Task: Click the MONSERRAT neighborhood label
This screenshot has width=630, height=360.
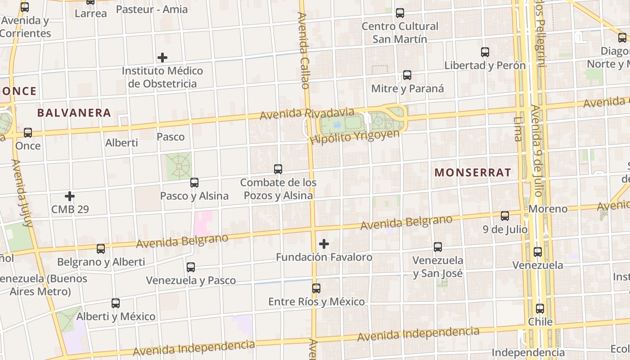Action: pos(472,172)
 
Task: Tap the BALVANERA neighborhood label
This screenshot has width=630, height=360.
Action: pos(74,112)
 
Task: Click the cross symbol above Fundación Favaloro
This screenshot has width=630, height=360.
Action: pos(324,244)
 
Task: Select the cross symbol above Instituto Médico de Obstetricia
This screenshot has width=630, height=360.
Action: pos(162,58)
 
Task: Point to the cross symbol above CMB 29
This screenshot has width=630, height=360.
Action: pos(70,196)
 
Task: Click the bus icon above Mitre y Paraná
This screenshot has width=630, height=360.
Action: pos(407,75)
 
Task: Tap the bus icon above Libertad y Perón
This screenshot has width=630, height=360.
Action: pos(485,52)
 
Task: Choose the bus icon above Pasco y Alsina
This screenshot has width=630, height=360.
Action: pos(194,183)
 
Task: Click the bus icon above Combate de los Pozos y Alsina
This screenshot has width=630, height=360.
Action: pos(278,169)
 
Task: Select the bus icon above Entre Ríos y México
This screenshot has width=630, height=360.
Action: pos(316,288)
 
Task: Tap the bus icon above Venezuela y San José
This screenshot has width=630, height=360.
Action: pos(438,247)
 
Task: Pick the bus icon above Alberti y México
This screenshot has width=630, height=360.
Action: pos(116,303)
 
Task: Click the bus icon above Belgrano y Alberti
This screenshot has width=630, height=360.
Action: pos(101,248)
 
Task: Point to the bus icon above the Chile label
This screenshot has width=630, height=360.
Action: pos(540,309)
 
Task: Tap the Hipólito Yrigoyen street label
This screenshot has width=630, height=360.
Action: pos(355,137)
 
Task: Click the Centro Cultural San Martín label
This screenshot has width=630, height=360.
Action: pos(400,32)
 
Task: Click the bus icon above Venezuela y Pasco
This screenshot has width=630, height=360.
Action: pos(191,267)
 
